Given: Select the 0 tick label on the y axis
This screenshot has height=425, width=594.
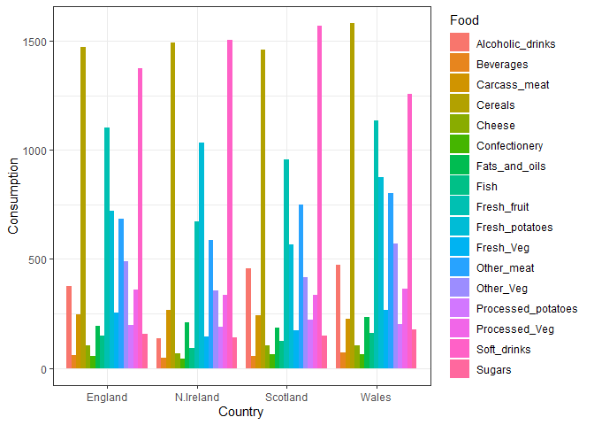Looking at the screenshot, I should pos(46,369).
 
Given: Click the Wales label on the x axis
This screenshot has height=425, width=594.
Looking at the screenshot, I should pos(376,398).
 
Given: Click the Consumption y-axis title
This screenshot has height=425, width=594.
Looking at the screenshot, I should pos(13,197).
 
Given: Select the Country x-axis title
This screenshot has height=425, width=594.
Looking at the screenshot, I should pos(240,413).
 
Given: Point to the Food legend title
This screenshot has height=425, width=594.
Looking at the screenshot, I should pos(465,20).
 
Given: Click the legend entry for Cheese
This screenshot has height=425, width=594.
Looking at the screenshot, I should pos(495,126).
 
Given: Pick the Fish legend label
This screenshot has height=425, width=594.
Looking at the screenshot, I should pos(486,187).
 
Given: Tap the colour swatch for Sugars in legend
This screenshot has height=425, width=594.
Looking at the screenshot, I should pos(459,370).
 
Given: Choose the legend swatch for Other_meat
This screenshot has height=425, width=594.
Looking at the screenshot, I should pos(459,268).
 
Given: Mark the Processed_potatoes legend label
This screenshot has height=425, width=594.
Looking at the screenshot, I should pos(526,309).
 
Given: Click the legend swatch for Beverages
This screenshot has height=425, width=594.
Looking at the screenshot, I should pos(459,65).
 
